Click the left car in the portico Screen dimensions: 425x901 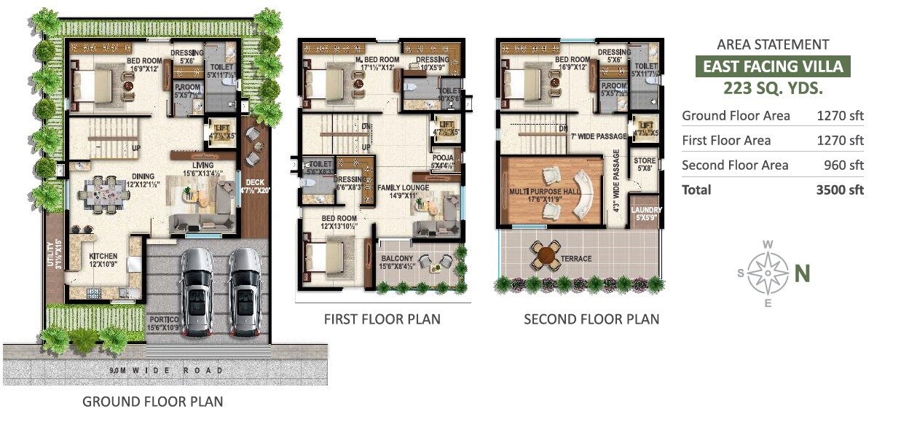[x=196, y=291]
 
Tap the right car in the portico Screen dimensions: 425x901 [x=244, y=291]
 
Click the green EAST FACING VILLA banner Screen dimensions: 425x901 [x=772, y=67]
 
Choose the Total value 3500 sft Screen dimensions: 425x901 [x=840, y=190]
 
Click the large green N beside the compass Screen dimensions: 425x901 [x=801, y=273]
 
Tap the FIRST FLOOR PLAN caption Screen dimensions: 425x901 [x=382, y=319]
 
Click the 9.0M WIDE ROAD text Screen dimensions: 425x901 [x=165, y=371]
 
